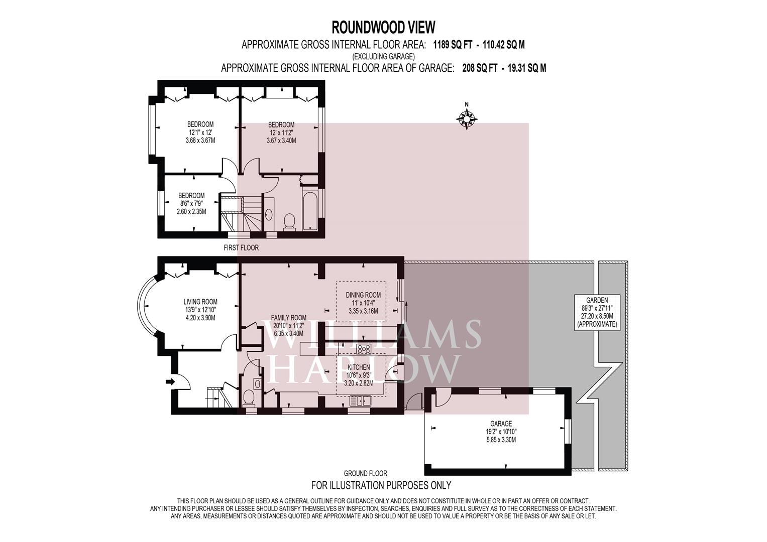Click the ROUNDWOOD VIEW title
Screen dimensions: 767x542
384,28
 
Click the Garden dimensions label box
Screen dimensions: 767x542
597,312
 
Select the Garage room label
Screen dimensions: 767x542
501,432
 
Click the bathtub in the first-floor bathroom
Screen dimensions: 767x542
311,211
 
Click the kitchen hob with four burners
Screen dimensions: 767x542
363,349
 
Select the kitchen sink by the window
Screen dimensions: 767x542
361,400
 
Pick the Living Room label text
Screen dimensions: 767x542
200,310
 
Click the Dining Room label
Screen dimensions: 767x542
363,303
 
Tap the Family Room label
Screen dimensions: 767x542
288,325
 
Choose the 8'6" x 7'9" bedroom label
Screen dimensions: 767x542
191,204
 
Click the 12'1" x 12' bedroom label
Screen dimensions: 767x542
200,132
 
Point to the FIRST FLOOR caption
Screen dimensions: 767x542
241,247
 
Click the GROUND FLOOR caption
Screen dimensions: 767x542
365,474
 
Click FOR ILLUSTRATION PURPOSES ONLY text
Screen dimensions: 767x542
381,485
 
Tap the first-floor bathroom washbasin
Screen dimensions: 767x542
269,215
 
